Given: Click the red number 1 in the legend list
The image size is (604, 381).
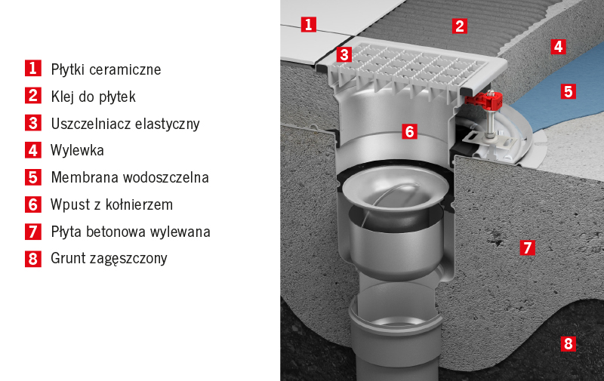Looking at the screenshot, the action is pos(33,69).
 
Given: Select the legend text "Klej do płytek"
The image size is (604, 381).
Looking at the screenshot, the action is pos(93,97).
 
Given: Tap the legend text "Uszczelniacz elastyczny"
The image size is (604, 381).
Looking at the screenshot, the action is pos(125,124).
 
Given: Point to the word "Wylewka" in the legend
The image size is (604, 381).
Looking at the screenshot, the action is pos(77,150).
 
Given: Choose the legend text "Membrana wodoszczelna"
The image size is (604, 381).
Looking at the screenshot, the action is pos(130,177).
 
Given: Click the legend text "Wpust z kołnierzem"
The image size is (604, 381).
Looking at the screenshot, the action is pos(112,204).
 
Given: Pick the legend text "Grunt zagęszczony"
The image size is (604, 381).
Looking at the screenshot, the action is pos(109,259).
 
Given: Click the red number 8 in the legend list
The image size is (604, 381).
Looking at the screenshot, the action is pos(33,259).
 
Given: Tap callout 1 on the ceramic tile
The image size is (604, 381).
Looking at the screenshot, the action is pos(308,24).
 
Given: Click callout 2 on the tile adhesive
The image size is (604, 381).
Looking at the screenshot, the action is pos(460,26).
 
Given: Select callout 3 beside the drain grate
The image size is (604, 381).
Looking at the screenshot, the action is pos(344,54).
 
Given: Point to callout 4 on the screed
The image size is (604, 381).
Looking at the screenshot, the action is pos(558,47).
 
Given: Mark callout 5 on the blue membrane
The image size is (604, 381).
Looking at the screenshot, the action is pos(569,91).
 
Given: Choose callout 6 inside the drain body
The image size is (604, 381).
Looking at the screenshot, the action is pos(409,131).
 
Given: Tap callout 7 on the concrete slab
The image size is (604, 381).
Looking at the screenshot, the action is pos(527,247).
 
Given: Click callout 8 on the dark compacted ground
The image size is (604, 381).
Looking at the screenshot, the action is pos(569,344).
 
